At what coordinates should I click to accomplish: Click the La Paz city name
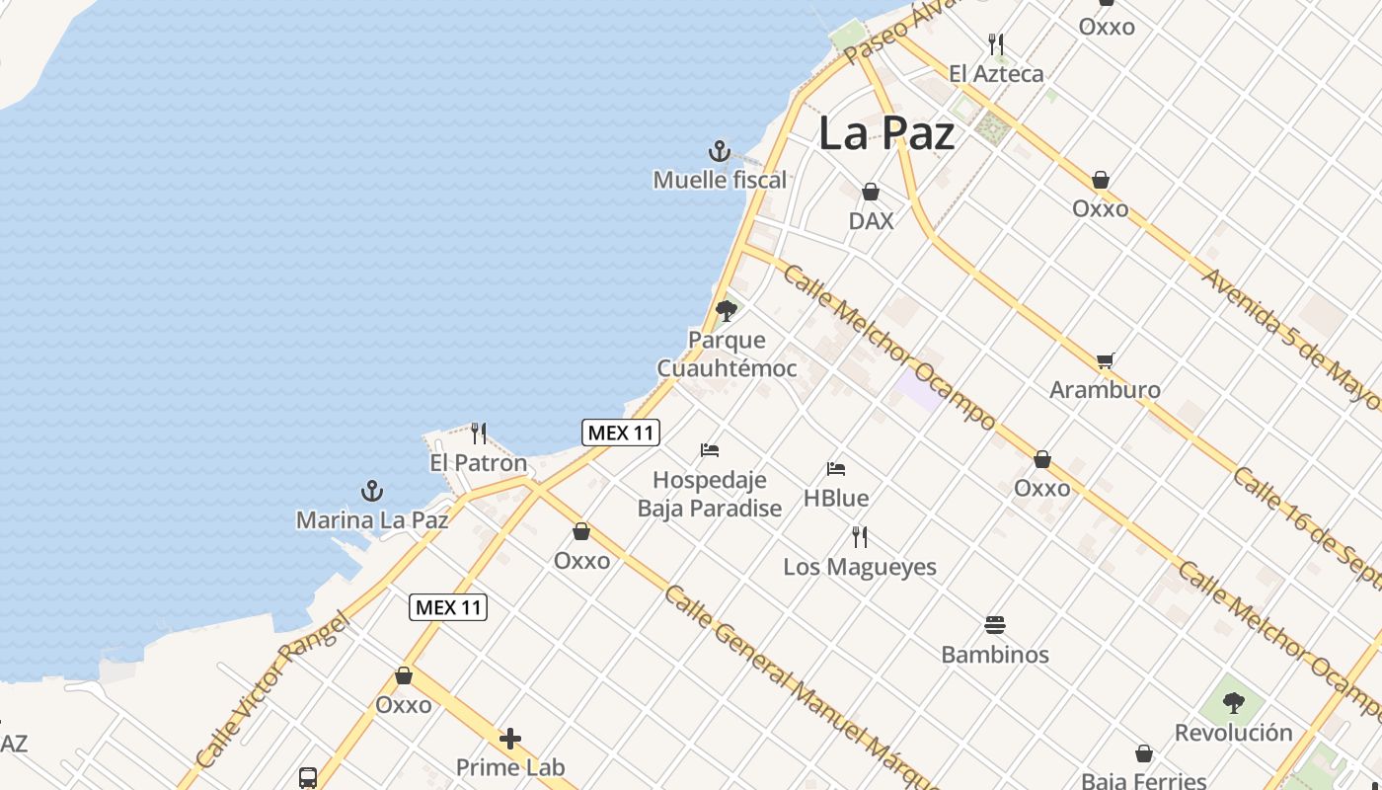(886, 133)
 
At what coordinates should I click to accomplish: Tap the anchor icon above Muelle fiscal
(720, 151)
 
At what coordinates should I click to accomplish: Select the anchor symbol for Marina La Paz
(371, 491)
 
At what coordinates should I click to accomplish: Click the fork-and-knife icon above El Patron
(479, 433)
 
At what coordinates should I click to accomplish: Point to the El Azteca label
(996, 73)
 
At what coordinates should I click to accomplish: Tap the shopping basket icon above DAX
(871, 192)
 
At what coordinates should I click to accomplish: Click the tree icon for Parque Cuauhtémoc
(727, 311)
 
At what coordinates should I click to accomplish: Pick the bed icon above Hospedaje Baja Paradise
(710, 450)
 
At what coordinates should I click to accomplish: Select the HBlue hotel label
(835, 498)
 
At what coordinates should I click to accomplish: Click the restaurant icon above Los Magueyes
(860, 537)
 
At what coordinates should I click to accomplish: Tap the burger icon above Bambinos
(995, 624)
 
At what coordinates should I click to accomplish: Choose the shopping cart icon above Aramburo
(1105, 360)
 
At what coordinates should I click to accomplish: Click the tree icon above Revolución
(1233, 703)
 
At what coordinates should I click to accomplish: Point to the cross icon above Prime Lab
(510, 739)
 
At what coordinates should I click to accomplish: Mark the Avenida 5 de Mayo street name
(1288, 335)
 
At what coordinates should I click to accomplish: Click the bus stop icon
(308, 777)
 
